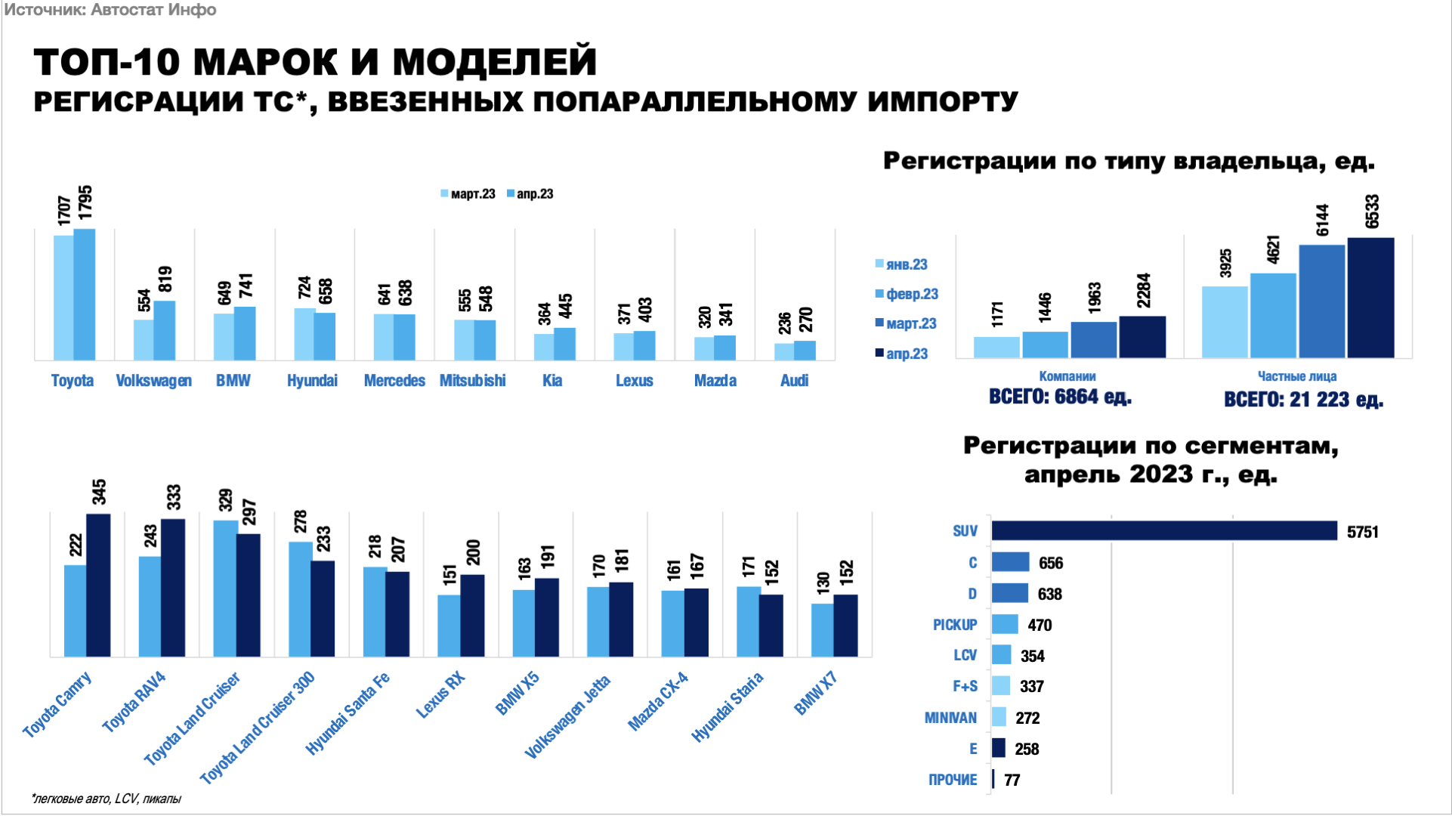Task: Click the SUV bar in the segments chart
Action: (x=1163, y=531)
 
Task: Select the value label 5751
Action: (x=1363, y=533)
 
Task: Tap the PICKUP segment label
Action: (x=954, y=625)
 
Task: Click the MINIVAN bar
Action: (x=999, y=717)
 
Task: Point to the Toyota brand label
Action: (x=73, y=381)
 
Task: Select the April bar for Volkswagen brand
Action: (x=165, y=331)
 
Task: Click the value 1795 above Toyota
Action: (x=85, y=204)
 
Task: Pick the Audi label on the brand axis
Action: (x=794, y=381)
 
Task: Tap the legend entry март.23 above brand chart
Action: (x=468, y=194)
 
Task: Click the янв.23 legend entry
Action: (x=901, y=264)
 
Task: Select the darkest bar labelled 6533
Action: (x=1370, y=298)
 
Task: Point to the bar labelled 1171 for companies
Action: (x=996, y=348)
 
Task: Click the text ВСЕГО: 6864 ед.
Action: (x=1060, y=397)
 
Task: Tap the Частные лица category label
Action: (x=1296, y=376)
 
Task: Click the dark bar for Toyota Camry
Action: (x=98, y=586)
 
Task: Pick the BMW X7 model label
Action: (x=816, y=694)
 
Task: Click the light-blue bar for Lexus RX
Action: (x=449, y=626)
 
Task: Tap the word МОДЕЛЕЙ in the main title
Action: (x=495, y=62)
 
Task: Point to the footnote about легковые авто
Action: (x=107, y=799)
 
